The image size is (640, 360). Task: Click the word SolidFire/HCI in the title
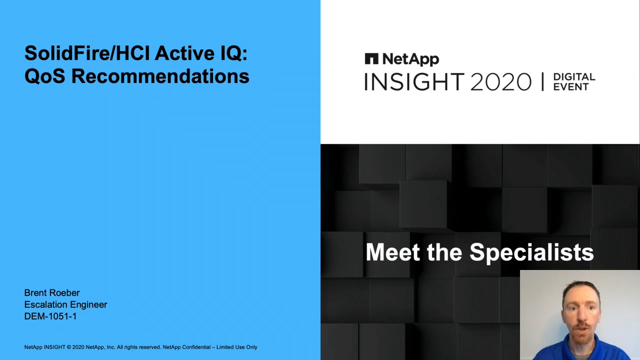[x=87, y=53]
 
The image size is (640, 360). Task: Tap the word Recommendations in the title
[x=160, y=76]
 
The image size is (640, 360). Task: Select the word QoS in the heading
[x=45, y=76]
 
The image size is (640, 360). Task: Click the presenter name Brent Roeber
[x=51, y=292]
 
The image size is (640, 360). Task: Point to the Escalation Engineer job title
[x=65, y=304]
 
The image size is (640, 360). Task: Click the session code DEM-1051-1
[x=50, y=316]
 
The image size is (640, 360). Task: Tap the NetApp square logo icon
[x=371, y=58]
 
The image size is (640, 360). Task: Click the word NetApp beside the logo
[x=410, y=59]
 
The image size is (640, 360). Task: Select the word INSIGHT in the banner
[x=414, y=81]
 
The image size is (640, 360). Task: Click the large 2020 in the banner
[x=501, y=81]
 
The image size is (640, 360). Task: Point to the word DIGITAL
[x=574, y=76]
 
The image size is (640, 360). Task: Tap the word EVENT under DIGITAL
[x=571, y=86]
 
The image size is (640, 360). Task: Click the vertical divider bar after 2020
[x=542, y=81]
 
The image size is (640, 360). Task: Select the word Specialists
[x=531, y=252]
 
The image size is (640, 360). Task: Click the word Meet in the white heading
[x=393, y=251]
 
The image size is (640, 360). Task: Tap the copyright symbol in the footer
[x=69, y=347]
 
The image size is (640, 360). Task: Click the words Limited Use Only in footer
[x=237, y=347]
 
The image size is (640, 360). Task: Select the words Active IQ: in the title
[x=201, y=53]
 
